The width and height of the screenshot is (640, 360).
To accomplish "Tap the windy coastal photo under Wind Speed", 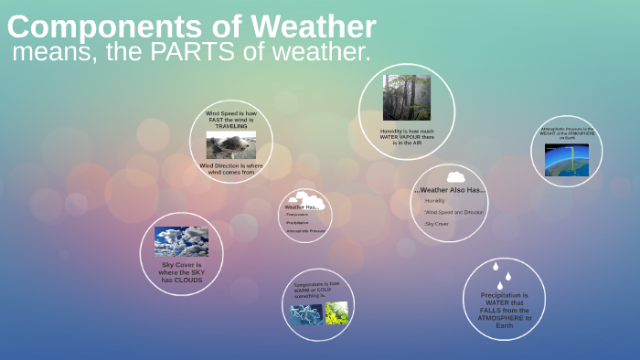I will [x=230, y=144].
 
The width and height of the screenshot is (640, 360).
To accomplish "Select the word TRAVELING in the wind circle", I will [x=230, y=126].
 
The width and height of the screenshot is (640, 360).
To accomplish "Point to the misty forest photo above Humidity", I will [x=407, y=98].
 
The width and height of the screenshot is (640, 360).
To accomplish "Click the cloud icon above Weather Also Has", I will [x=454, y=176].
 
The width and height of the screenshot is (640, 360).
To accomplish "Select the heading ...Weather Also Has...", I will [x=450, y=190].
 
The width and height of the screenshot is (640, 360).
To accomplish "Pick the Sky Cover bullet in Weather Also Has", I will [x=437, y=223].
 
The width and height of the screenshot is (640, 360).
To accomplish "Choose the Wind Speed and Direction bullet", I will [x=453, y=212].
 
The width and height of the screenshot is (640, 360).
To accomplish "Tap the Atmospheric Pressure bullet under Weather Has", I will [x=305, y=231].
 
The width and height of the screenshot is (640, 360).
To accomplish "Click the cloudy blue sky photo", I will [x=181, y=241].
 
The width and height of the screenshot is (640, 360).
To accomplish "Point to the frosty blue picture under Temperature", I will [x=305, y=313].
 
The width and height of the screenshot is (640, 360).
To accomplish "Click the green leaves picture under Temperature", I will [x=336, y=313].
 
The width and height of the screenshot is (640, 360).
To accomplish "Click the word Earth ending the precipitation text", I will [x=504, y=325].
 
